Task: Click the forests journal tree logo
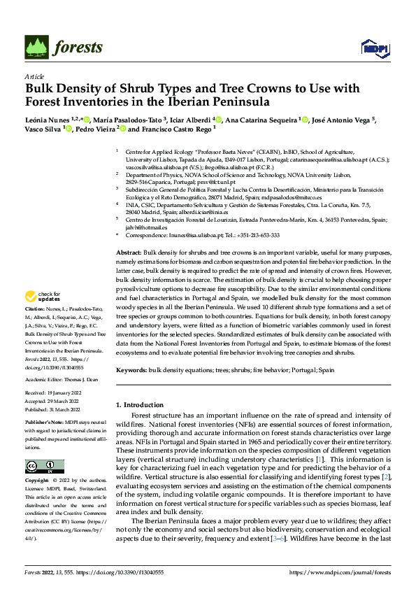point(38,48)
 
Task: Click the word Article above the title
point(34,76)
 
